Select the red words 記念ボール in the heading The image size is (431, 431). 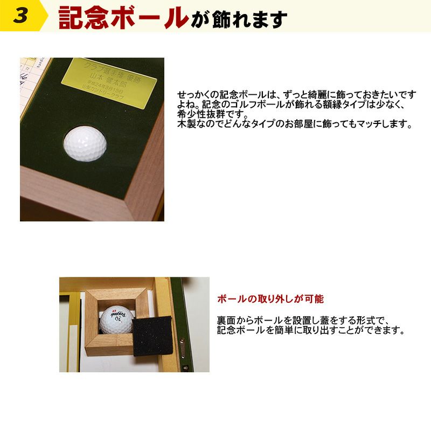[x=123, y=17]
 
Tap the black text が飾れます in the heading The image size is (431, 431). [x=238, y=19]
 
